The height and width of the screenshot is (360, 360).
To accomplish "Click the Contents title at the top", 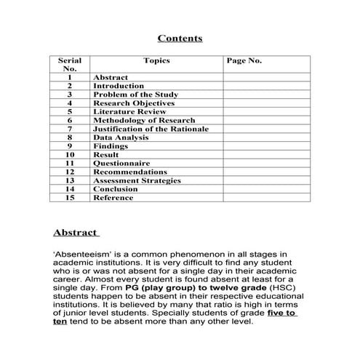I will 180,39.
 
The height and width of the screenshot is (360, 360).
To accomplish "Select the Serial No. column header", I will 70,64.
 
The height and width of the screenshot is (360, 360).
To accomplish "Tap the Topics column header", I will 156,60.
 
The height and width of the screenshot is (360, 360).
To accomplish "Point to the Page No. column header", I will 244,60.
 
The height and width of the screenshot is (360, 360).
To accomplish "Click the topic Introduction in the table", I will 119,86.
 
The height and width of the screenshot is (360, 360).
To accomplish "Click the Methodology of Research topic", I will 144,120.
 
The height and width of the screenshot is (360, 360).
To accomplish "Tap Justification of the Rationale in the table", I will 151,129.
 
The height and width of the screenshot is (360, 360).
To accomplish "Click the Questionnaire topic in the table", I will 121,164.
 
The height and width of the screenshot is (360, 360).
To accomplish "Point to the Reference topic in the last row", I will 113,198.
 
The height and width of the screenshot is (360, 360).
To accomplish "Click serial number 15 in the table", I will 70,198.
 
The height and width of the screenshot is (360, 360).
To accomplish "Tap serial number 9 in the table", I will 70,146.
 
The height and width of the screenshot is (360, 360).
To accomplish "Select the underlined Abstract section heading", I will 76,233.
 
